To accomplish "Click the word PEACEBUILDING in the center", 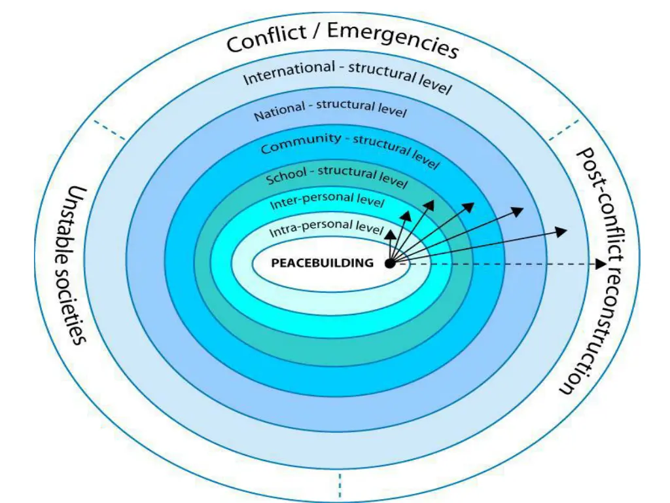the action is point(322,263).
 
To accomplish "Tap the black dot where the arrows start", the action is point(390,263).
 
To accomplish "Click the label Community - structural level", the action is point(349,148).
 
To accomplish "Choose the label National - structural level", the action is point(330,110).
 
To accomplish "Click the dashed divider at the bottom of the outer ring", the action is point(340,485).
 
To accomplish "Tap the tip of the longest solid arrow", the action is point(567,229).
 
